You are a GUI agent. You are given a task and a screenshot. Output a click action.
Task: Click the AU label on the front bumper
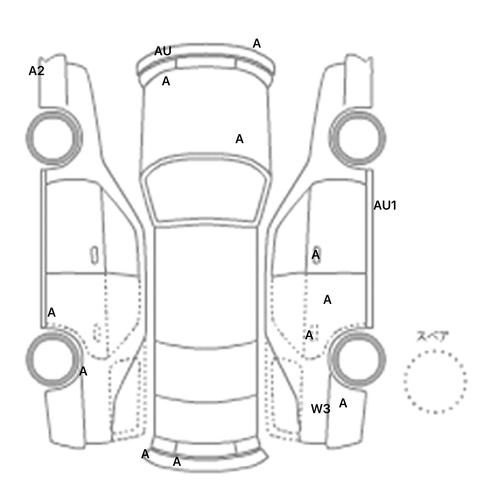click(x=163, y=51)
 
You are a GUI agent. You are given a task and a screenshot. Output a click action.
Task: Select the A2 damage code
click(x=36, y=71)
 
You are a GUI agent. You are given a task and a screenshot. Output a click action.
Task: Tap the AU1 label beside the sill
click(x=385, y=205)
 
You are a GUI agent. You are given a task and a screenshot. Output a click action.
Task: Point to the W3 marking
click(x=320, y=409)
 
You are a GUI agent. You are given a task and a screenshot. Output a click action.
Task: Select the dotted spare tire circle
click(x=435, y=382)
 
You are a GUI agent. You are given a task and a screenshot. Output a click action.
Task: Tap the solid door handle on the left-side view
click(x=94, y=255)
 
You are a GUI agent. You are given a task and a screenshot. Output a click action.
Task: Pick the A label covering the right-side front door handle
click(x=316, y=255)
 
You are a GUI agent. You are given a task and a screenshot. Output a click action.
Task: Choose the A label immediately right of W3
click(x=343, y=404)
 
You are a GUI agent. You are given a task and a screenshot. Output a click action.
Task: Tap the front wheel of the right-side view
click(x=357, y=138)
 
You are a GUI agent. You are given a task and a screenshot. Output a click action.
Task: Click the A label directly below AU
click(x=166, y=81)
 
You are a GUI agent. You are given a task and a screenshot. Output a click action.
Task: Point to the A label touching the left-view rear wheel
click(x=83, y=371)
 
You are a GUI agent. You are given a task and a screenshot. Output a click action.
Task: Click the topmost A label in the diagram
click(x=257, y=43)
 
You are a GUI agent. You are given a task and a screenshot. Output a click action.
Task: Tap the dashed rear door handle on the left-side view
click(x=97, y=332)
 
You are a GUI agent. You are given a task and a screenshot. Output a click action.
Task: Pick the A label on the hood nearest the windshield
click(x=239, y=139)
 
